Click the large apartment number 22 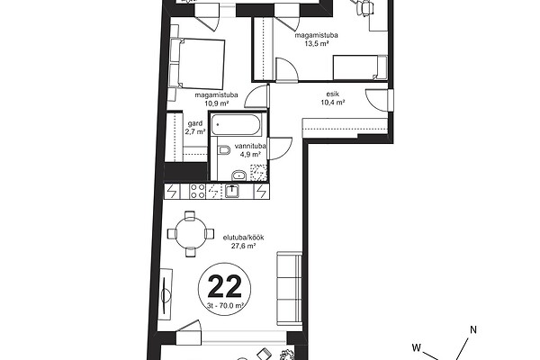point(224,286)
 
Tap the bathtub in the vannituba point(236,125)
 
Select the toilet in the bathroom point(224,150)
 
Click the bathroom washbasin point(238,175)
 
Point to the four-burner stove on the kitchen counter point(198,192)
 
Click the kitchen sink point(232,191)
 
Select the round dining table point(191,234)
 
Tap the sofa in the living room point(290,288)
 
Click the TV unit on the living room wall point(166,295)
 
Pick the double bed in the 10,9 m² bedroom point(197,64)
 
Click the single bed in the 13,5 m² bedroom point(360,67)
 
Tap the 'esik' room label point(333,94)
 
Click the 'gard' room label point(195,123)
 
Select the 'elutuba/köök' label point(244,238)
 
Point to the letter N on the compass point(473,329)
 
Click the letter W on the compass point(417,347)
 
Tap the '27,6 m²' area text point(244,246)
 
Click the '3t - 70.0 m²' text point(226,305)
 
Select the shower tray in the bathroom point(258,173)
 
